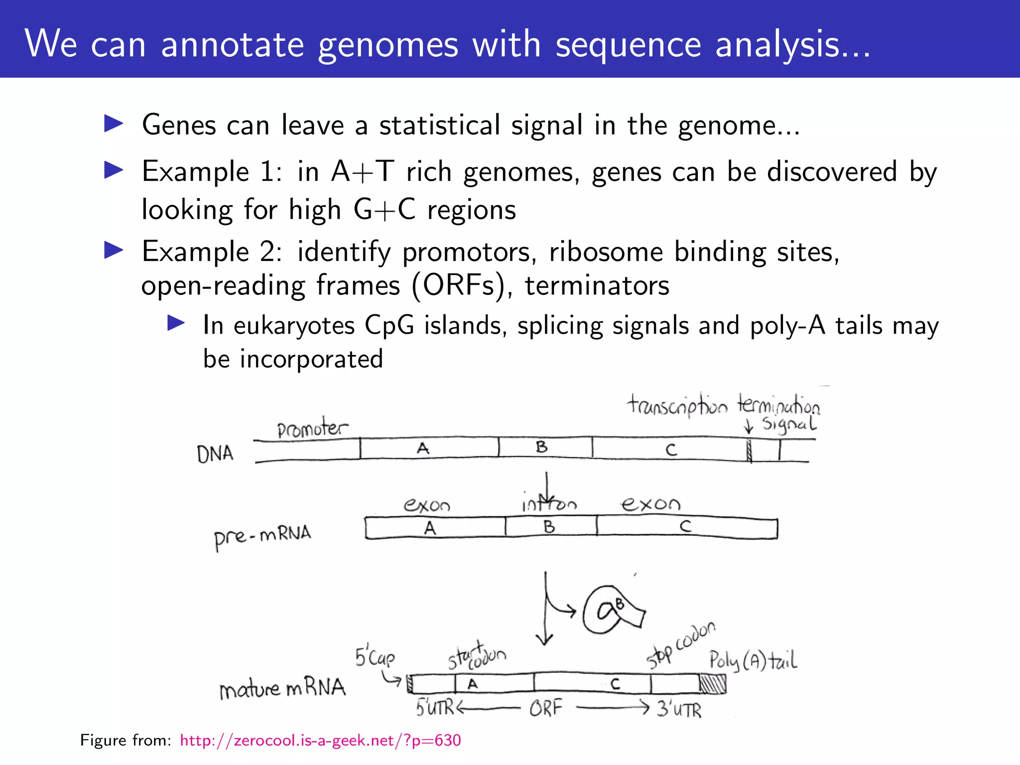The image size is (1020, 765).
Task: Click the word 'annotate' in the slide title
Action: pyautogui.click(x=232, y=45)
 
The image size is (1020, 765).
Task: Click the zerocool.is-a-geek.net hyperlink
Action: pyautogui.click(x=320, y=741)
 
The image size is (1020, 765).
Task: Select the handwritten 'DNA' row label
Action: pyautogui.click(x=215, y=454)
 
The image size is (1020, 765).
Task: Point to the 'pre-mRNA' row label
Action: pyautogui.click(x=262, y=536)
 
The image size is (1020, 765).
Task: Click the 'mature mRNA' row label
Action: pyautogui.click(x=282, y=688)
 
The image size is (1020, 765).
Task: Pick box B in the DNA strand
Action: pyautogui.click(x=545, y=447)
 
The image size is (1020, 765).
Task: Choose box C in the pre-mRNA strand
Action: pyautogui.click(x=686, y=527)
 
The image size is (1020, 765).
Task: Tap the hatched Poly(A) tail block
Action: pyautogui.click(x=713, y=684)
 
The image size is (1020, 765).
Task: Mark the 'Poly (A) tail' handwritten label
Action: pyautogui.click(x=753, y=661)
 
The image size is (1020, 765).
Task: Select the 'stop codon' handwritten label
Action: pyautogui.click(x=681, y=645)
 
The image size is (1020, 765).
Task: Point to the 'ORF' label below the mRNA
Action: pyautogui.click(x=545, y=708)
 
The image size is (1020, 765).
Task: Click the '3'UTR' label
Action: pyautogui.click(x=679, y=709)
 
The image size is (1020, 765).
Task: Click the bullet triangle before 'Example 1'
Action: pyautogui.click(x=114, y=170)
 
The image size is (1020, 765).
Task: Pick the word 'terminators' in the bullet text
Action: pyautogui.click(x=597, y=286)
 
